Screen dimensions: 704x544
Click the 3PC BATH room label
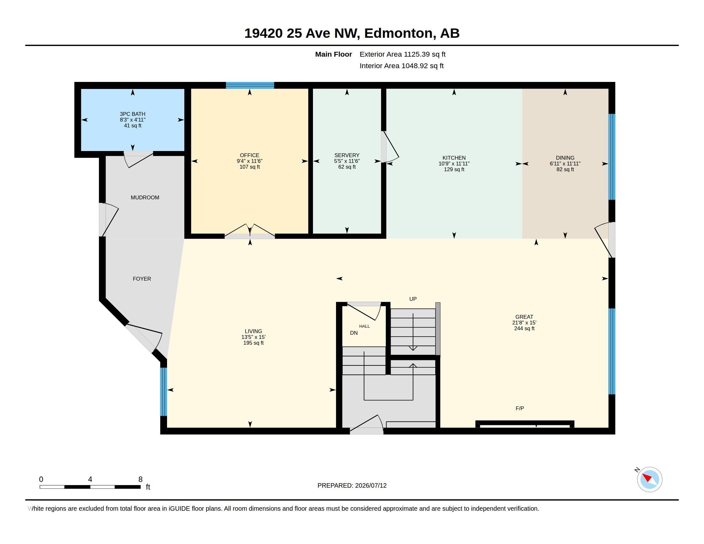click(132, 114)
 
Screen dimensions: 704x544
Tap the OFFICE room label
click(250, 155)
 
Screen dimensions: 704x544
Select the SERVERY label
click(347, 155)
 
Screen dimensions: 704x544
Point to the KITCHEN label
click(454, 157)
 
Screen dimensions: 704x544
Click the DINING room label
click(565, 157)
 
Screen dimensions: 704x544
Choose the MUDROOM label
click(145, 197)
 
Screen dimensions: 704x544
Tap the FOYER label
click(142, 278)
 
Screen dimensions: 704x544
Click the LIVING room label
click(253, 331)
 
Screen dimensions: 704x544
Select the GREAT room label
click(524, 316)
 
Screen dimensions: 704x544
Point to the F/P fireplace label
click(520, 408)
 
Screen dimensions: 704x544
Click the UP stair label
click(413, 299)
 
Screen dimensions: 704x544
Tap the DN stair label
click(354, 332)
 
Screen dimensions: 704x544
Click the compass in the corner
click(649, 479)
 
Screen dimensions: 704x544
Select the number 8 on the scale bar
click(140, 479)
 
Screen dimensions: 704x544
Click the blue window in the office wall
click(250, 85)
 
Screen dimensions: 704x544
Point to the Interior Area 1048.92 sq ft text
click(402, 66)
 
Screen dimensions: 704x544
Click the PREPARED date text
click(352, 485)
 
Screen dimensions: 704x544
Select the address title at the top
click(352, 33)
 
